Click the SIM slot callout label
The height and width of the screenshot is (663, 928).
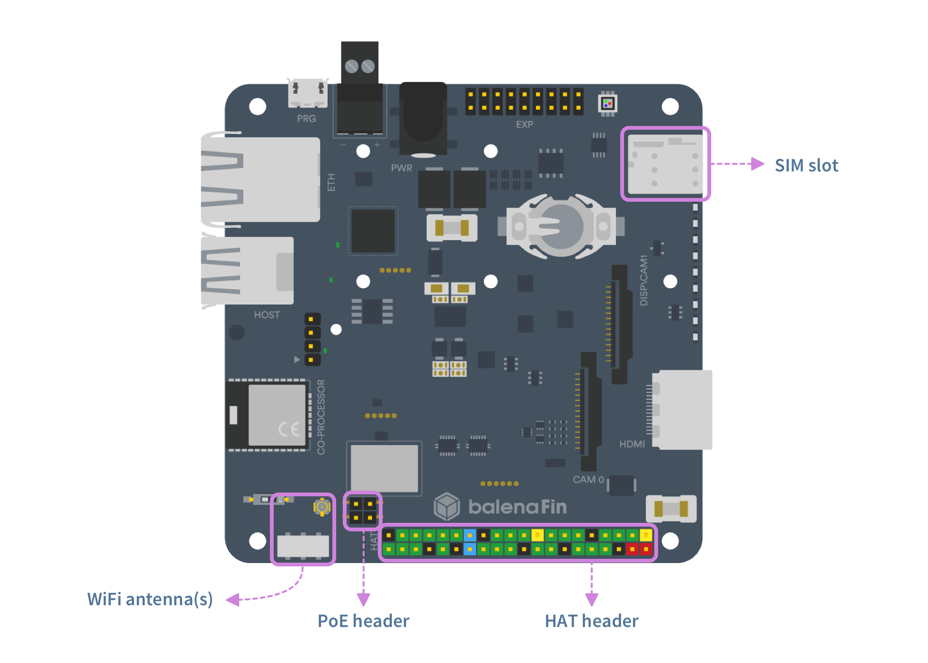click(806, 165)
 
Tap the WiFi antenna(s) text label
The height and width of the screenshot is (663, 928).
click(150, 599)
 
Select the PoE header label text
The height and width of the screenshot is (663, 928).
click(363, 621)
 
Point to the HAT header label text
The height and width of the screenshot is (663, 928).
click(591, 621)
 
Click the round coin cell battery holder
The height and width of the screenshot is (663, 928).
click(561, 226)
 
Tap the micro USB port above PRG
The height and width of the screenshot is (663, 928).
click(308, 93)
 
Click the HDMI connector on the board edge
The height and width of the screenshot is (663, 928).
click(682, 410)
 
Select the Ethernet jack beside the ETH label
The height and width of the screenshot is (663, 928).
click(260, 179)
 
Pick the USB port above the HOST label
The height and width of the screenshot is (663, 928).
click(247, 270)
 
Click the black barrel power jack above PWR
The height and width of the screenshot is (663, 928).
click(423, 118)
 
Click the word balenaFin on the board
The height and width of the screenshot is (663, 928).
click(518, 507)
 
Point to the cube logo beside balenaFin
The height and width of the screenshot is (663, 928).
click(446, 506)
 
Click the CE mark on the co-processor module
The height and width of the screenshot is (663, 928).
click(289, 429)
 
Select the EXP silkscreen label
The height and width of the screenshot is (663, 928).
click(525, 125)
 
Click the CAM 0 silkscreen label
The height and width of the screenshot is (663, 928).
click(588, 480)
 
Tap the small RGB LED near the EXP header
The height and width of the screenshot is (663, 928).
click(607, 103)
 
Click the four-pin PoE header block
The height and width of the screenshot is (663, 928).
click(363, 511)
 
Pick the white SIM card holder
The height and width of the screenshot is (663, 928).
click(665, 164)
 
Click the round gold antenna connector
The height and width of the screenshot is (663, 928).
click(322, 507)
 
